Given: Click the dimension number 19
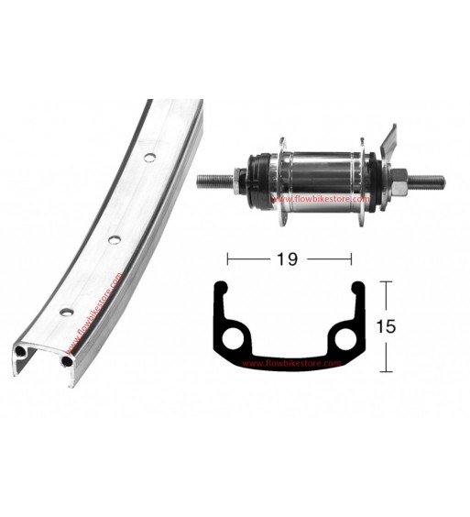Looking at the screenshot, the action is pos(288,258).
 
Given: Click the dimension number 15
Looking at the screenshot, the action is pos(387,326).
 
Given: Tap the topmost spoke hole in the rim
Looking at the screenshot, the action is pos(149,158).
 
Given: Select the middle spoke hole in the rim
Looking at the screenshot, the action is pos(114,239).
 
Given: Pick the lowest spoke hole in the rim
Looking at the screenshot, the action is pos(66,312).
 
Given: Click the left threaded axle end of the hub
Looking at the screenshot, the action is pos(216,181).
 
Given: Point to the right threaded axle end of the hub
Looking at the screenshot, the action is pos(426,181).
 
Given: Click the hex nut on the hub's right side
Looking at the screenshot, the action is pos(399,181).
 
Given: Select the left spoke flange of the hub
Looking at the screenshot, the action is pos(283,182).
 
